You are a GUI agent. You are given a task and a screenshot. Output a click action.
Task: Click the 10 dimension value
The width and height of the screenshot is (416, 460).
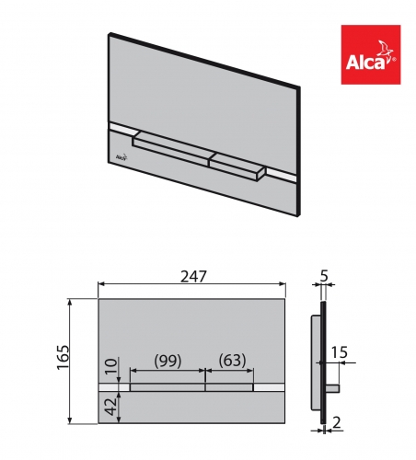point(110,366)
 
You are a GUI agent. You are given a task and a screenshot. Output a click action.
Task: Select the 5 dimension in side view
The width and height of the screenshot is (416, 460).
point(323,275)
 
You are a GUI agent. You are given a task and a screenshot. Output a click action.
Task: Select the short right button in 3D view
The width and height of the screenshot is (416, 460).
point(238,163)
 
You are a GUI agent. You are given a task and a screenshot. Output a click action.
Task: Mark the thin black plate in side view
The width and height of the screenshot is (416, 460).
point(322,368)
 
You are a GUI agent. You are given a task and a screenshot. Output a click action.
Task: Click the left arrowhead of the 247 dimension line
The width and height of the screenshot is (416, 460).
point(101,286)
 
